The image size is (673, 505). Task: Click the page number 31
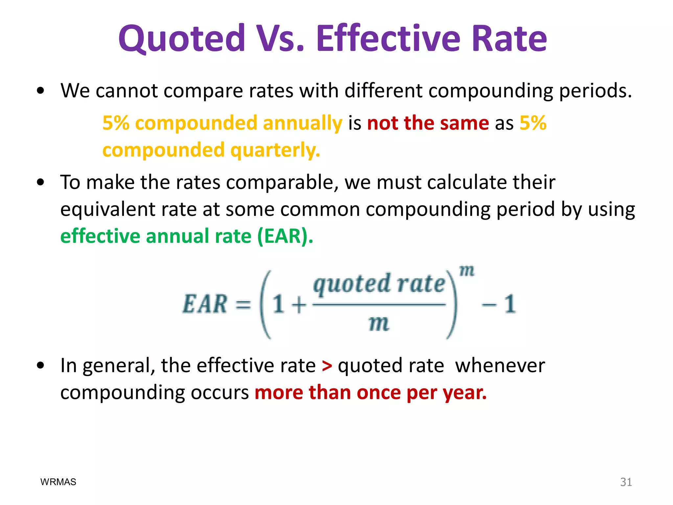(x=626, y=482)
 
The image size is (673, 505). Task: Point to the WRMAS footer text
(x=58, y=482)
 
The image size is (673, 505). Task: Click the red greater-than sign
(x=327, y=366)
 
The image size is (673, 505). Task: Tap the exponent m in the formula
(x=467, y=271)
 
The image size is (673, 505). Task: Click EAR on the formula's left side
(x=205, y=304)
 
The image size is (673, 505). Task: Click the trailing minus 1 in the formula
(x=499, y=304)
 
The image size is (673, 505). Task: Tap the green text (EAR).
(x=285, y=236)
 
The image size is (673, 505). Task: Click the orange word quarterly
(x=275, y=150)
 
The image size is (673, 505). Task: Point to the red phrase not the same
(x=428, y=123)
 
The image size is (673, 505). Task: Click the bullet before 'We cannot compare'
(x=40, y=91)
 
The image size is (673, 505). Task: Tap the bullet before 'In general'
(x=40, y=365)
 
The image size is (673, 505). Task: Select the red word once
(x=378, y=393)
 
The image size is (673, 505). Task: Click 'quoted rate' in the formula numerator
(x=379, y=284)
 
